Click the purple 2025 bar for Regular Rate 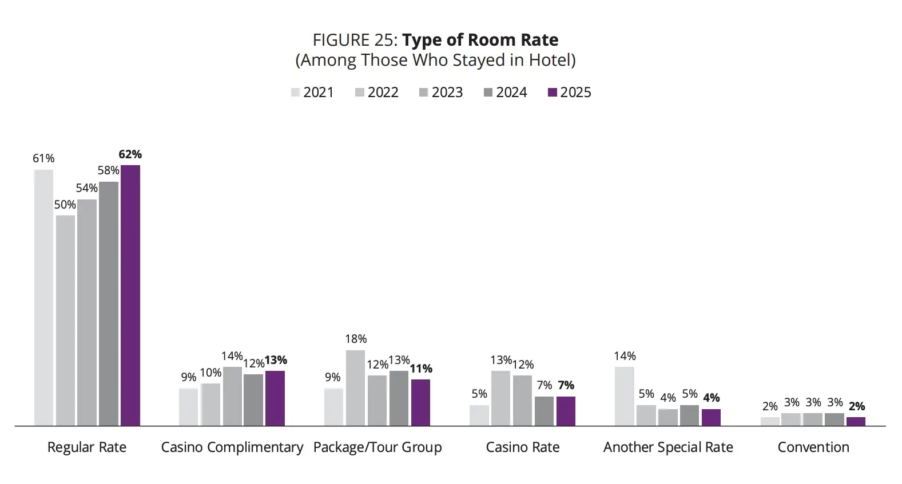point(130,295)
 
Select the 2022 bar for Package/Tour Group point(355,388)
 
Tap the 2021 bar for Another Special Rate point(625,397)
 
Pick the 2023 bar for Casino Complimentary point(232,397)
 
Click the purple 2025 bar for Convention point(856,421)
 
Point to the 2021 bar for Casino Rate point(479,415)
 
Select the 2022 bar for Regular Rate point(65,321)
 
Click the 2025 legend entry point(569,93)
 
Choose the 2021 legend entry point(312,93)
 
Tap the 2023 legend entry point(441,93)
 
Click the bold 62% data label point(130,154)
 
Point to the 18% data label point(356,339)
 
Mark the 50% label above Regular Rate point(65,205)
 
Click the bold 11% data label point(421,369)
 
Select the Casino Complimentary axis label point(232,447)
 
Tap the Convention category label point(813,447)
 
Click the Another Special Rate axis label point(668,447)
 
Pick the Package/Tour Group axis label point(378,447)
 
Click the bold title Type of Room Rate point(480,40)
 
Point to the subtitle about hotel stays point(436,61)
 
